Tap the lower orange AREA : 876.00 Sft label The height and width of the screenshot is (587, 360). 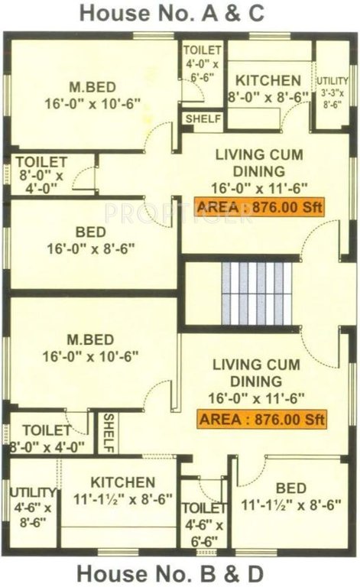(x=262, y=419)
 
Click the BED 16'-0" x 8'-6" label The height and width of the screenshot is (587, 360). (x=92, y=238)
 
